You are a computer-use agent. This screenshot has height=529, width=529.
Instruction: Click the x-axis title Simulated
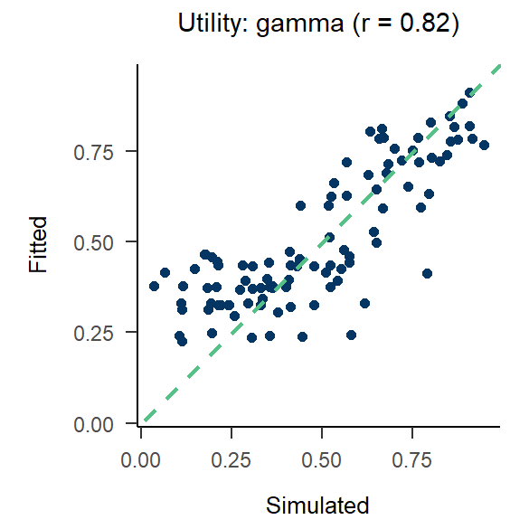(x=317, y=505)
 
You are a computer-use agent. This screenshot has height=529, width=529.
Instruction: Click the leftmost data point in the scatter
(x=154, y=286)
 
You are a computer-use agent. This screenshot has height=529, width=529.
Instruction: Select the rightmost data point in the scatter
(x=484, y=145)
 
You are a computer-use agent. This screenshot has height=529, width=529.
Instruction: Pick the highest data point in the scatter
(x=469, y=92)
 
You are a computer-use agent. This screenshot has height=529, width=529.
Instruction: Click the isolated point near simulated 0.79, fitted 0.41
(x=427, y=273)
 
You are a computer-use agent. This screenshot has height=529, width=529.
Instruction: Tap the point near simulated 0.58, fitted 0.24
(x=351, y=335)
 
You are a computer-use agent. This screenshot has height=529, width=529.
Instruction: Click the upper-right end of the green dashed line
(x=498, y=65)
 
